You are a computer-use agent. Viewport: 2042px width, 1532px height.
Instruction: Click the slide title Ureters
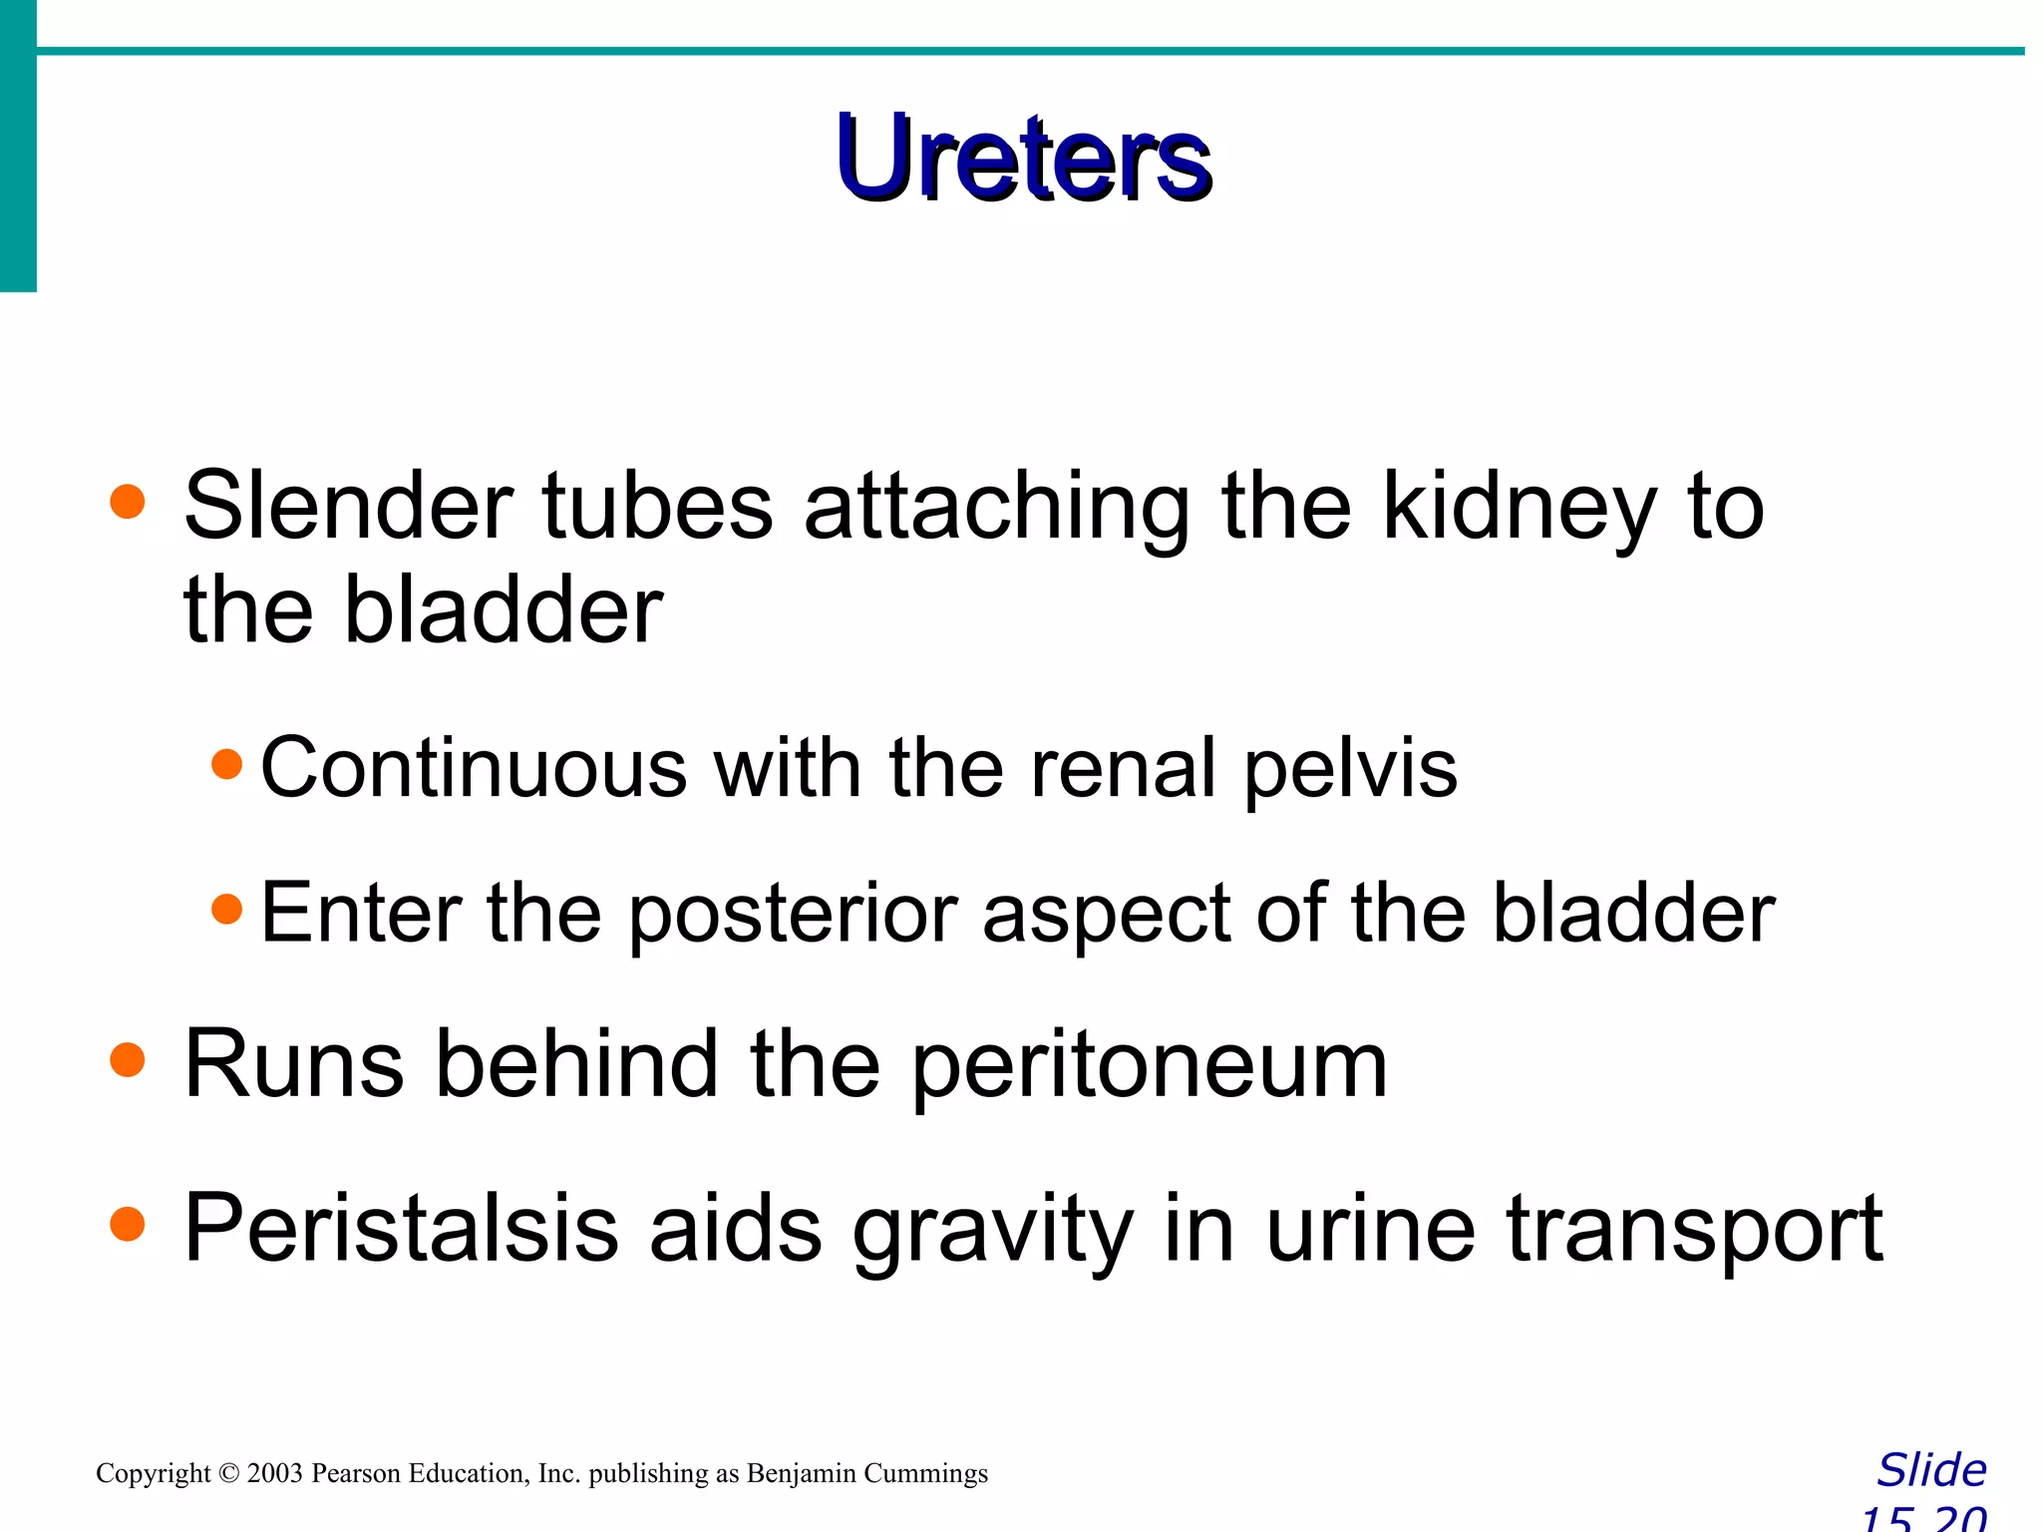(x=1024, y=160)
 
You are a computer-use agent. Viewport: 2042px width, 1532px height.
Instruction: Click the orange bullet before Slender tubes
(x=128, y=502)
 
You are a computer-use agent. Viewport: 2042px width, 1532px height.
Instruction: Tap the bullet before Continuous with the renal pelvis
(x=227, y=765)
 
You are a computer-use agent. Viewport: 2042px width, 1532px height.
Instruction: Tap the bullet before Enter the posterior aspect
(x=227, y=909)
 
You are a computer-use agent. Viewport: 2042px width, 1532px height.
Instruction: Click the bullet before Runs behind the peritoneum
(x=128, y=1060)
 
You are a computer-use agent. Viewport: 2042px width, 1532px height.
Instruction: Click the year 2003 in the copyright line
(x=274, y=1473)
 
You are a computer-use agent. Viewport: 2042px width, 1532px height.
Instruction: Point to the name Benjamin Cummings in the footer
(x=866, y=1473)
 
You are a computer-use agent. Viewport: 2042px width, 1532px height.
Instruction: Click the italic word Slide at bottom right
(x=1931, y=1470)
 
